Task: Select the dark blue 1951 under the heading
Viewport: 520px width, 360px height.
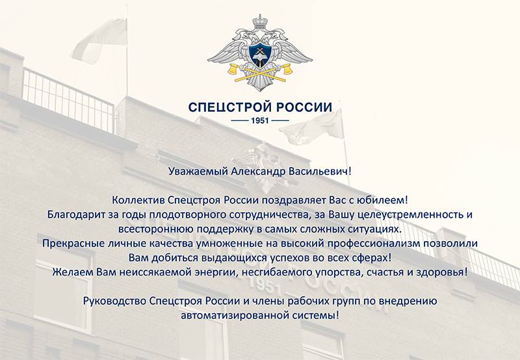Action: point(260,121)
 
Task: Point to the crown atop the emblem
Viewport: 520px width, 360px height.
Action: point(260,22)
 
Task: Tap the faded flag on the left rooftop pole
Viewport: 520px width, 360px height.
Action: point(99,40)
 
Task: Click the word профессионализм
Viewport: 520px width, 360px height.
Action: point(373,243)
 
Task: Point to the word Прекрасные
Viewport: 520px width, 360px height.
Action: point(73,243)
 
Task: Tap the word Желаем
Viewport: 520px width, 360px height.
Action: point(73,272)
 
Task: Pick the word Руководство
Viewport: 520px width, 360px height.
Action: point(114,301)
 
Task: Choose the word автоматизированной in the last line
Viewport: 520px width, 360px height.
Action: point(235,315)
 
